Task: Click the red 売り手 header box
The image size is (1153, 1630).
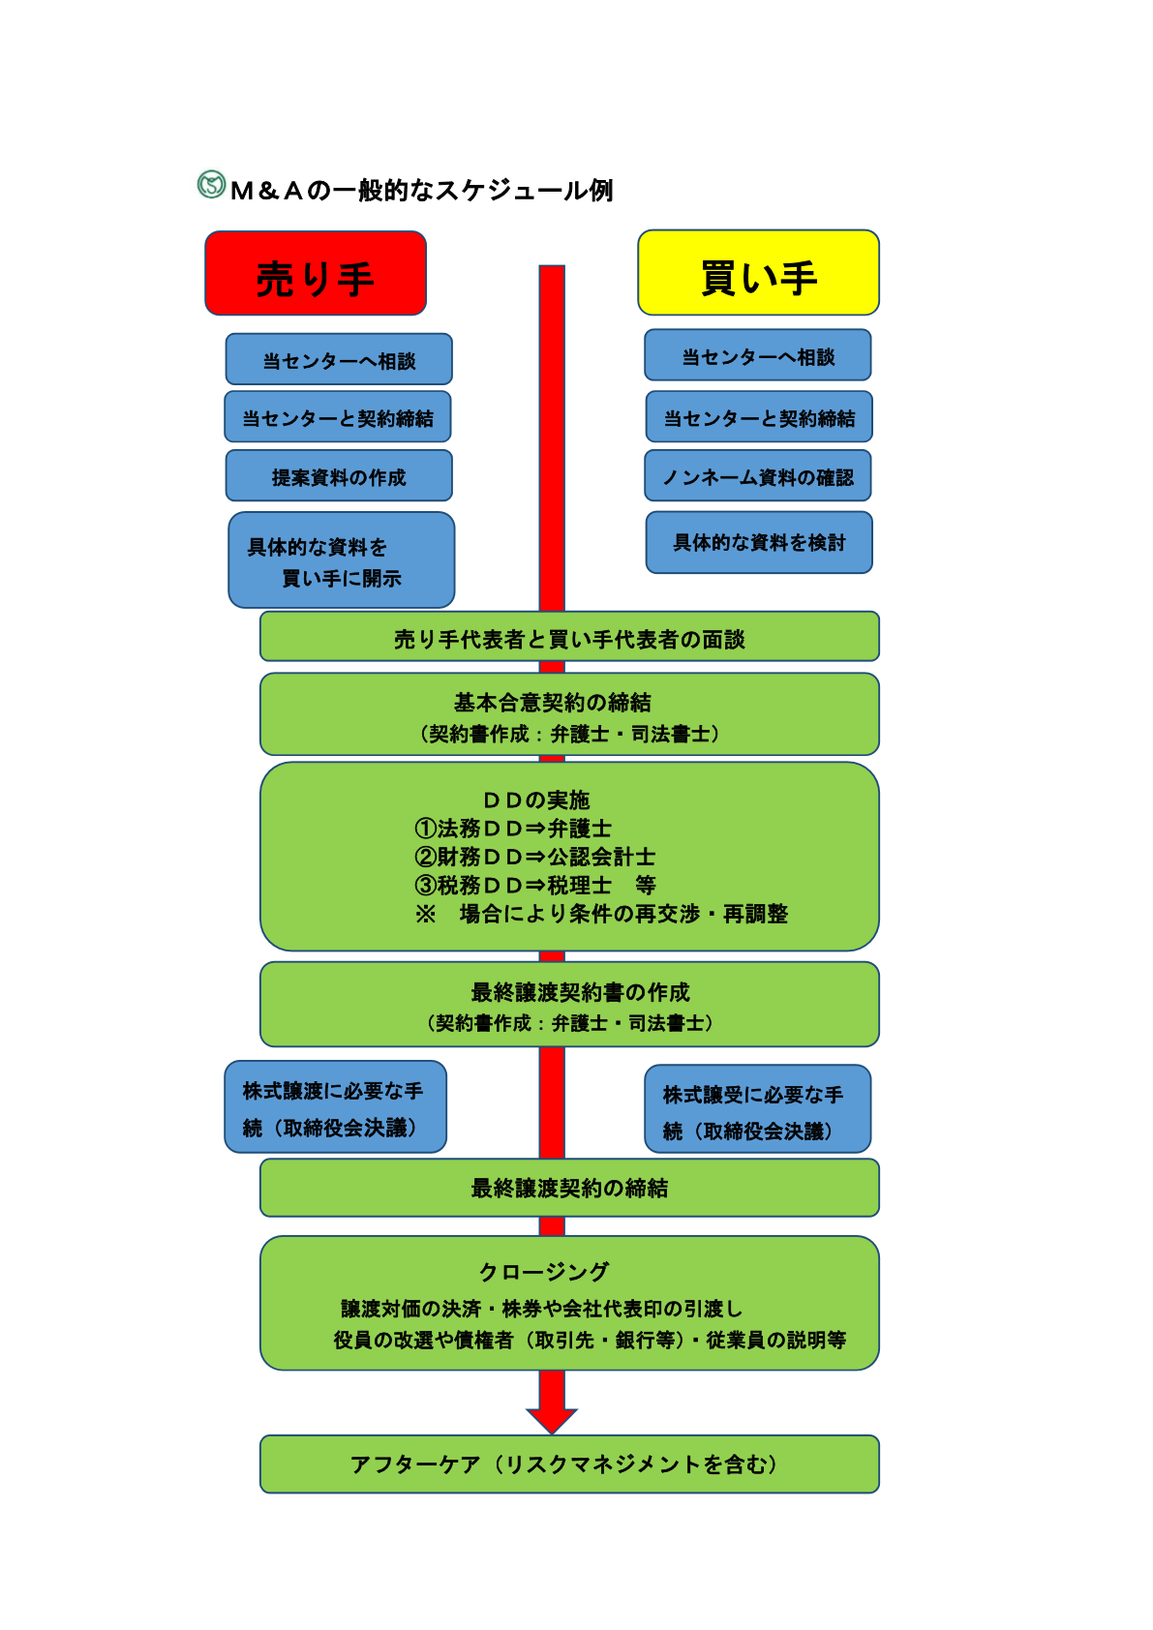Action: tap(316, 274)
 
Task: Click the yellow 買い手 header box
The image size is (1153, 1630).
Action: tap(758, 273)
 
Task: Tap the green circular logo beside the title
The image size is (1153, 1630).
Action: tap(210, 184)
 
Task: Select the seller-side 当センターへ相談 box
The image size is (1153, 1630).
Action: tap(339, 360)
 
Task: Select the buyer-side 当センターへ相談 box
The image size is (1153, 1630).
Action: tap(758, 356)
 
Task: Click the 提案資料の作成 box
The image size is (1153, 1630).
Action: tap(339, 476)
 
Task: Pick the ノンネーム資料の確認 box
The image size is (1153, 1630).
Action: tap(758, 476)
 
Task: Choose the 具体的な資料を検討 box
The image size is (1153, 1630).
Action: tap(759, 542)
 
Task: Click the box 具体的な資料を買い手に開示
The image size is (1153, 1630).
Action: tap(341, 560)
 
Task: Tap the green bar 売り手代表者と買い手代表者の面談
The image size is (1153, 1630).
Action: tap(569, 638)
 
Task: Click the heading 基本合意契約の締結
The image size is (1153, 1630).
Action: tap(552, 702)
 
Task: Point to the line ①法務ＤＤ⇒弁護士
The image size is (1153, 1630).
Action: tap(513, 829)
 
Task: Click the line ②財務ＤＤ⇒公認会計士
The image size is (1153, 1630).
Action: tap(534, 857)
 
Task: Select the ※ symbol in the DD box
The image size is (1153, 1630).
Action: tap(425, 914)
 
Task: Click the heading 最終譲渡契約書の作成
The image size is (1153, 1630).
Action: tap(579, 992)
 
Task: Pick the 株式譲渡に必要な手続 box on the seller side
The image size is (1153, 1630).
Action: tap(335, 1107)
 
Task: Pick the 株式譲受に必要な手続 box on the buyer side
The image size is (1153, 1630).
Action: tap(757, 1110)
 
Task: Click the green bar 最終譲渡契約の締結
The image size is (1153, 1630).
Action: tap(569, 1188)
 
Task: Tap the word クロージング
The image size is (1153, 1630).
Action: tap(544, 1272)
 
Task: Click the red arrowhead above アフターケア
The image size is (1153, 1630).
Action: tap(552, 1419)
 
